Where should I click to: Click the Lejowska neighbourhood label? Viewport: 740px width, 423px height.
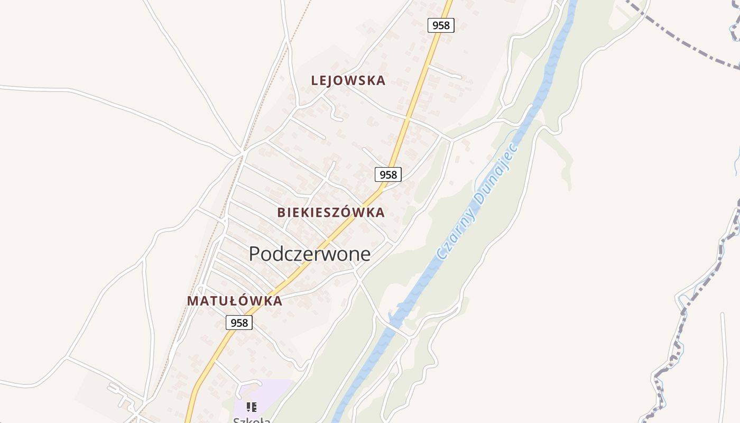(348, 81)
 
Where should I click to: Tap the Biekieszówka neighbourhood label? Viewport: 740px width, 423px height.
(331, 213)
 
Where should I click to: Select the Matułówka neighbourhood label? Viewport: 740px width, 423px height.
(235, 301)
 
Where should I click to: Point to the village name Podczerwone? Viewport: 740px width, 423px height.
(309, 254)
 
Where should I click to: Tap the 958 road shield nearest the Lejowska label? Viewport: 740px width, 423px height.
(440, 25)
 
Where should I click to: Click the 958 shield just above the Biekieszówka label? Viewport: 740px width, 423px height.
(388, 174)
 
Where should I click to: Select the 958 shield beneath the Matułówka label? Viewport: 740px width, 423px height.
(239, 322)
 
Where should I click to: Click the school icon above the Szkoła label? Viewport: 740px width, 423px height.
(252, 407)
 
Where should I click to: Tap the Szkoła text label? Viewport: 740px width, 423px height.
(252, 420)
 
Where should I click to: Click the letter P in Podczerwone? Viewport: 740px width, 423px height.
(254, 254)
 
